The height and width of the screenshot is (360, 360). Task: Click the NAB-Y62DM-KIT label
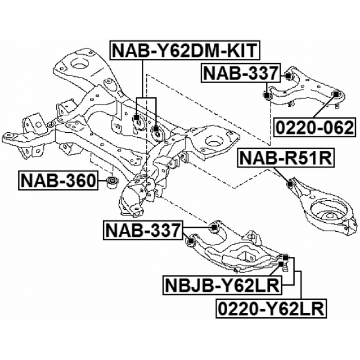point(185,50)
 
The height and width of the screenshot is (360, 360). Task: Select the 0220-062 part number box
point(315,127)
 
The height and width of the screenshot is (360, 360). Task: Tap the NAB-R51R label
point(286,158)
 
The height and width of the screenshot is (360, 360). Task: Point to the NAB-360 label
point(58,180)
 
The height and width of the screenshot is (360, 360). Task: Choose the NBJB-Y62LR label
point(222,285)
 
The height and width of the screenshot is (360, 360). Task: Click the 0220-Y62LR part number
point(271,309)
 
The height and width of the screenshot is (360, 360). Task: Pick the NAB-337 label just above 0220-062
point(241,73)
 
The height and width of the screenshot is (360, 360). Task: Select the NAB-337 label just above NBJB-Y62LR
point(143,230)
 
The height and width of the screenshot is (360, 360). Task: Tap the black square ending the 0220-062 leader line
point(336,94)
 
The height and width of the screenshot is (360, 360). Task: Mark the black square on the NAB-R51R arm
point(290,184)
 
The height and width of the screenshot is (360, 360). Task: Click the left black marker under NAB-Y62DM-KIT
point(136,117)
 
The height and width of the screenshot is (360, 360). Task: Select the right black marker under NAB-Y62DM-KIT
point(156,129)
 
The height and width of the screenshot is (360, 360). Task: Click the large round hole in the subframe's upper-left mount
point(80,63)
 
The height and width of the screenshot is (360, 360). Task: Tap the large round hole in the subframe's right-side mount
point(215,141)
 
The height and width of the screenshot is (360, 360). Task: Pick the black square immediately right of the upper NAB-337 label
point(288,75)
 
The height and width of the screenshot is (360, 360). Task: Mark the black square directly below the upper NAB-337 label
point(266,95)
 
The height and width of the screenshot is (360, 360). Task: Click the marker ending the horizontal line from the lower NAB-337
point(214,227)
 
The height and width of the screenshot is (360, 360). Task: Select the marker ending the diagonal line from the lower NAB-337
point(190,241)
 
